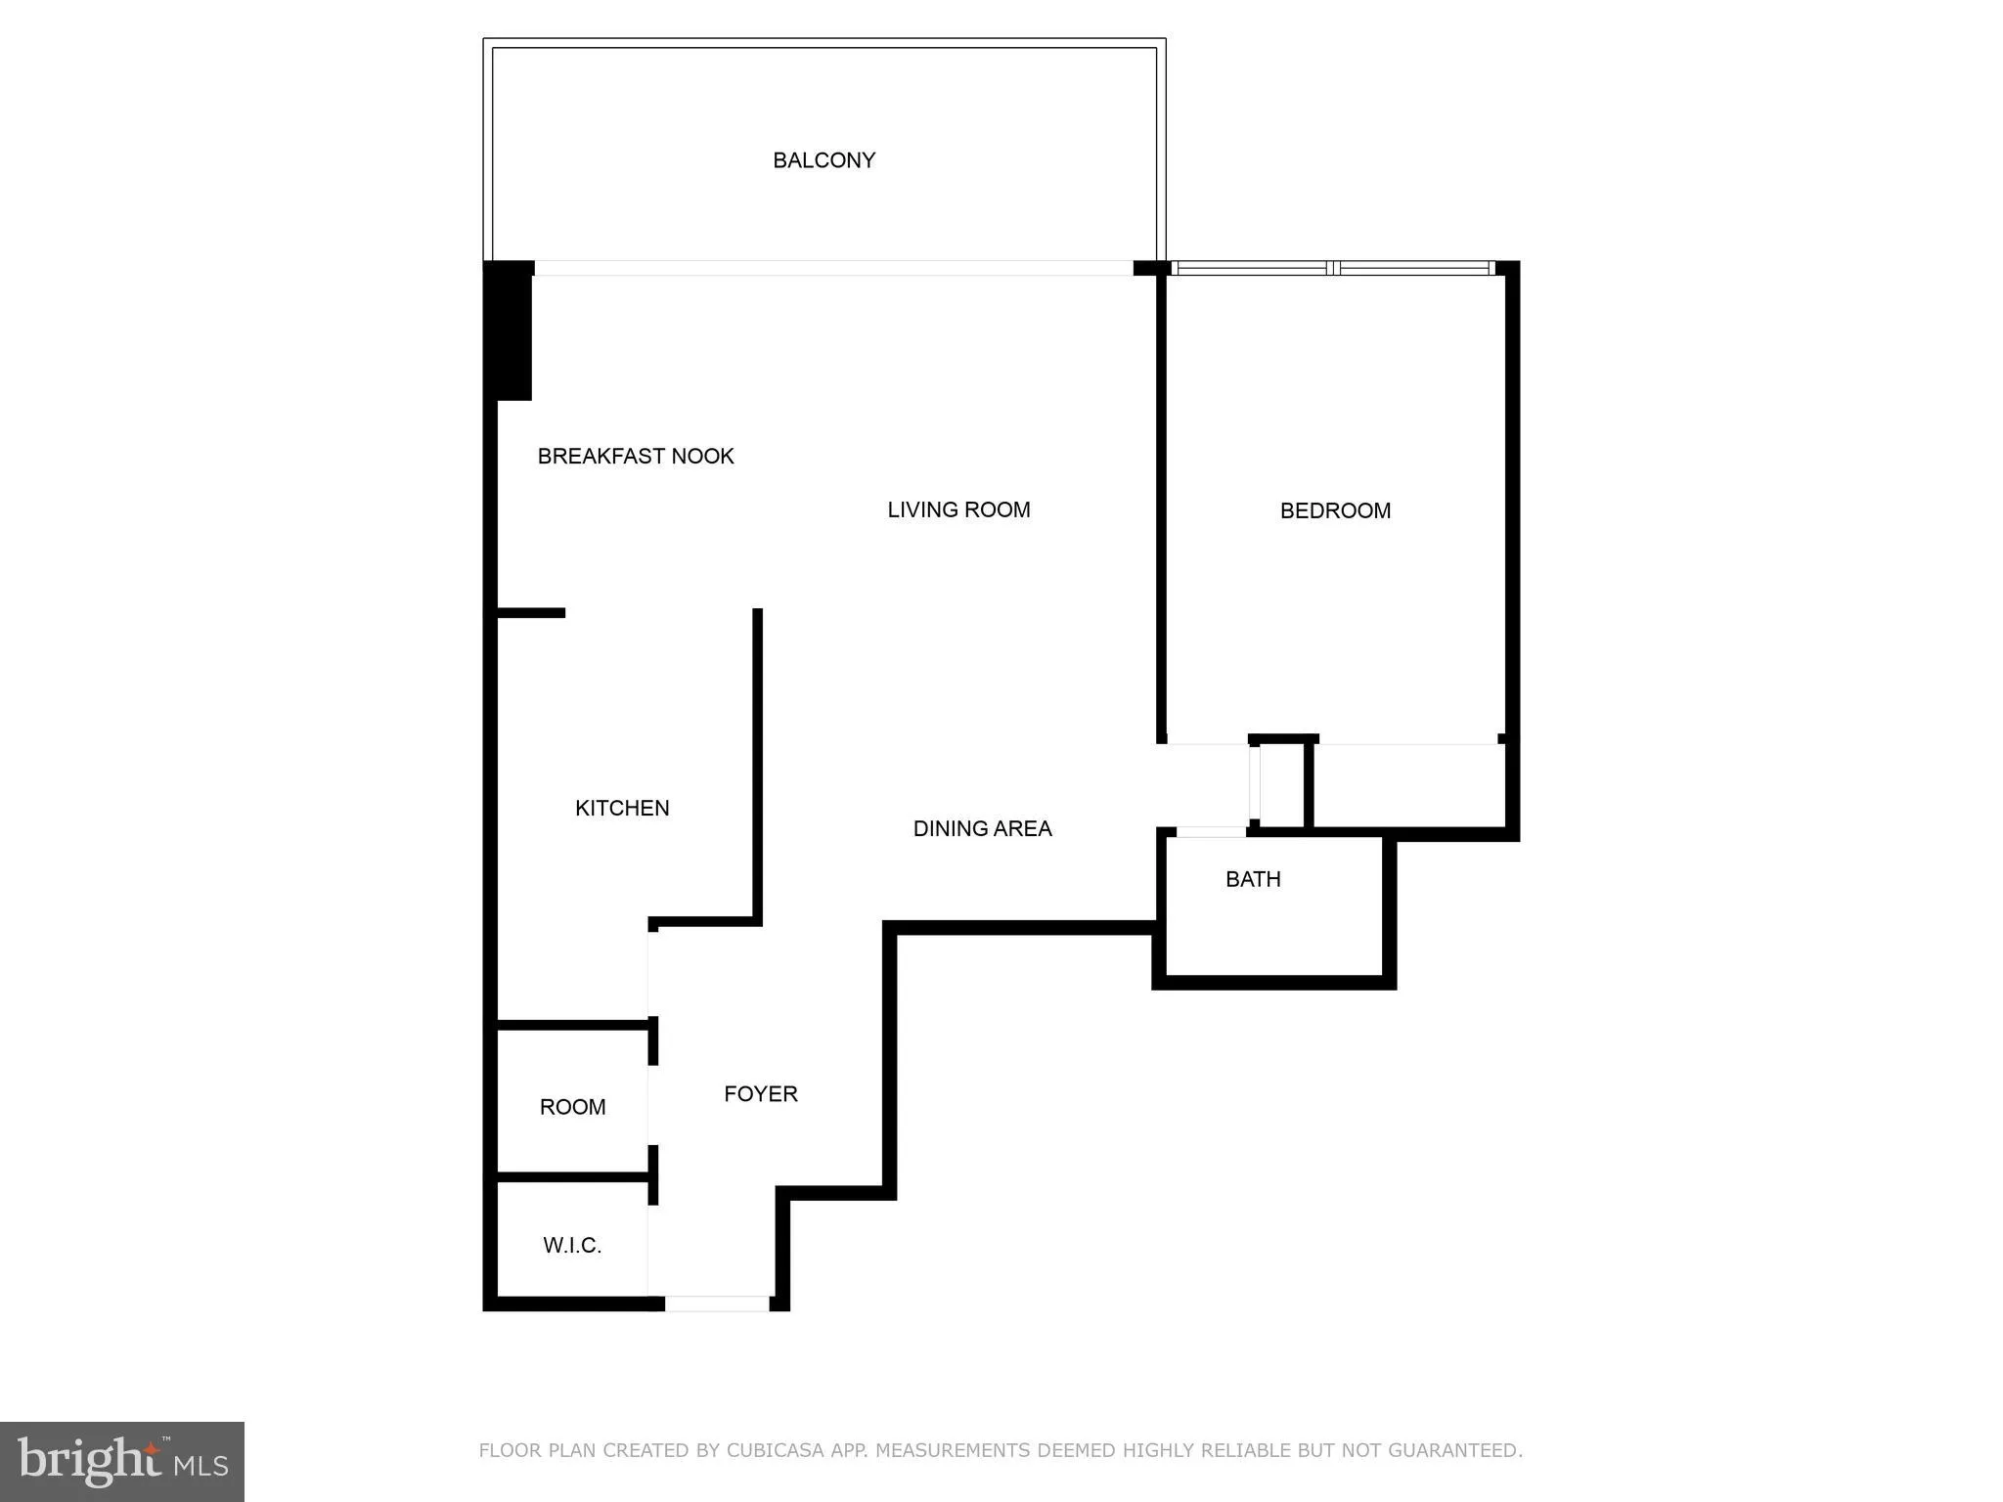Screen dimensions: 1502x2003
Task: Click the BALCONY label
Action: (x=823, y=160)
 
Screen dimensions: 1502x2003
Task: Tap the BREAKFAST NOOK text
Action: (x=636, y=456)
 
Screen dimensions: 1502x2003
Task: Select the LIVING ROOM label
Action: (x=958, y=509)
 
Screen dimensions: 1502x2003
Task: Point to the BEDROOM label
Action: (x=1335, y=510)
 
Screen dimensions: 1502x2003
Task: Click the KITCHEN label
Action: (x=622, y=808)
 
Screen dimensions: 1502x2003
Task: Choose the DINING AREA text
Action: (x=982, y=828)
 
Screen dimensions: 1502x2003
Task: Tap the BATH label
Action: (x=1253, y=879)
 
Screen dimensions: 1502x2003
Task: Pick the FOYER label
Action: (x=761, y=1093)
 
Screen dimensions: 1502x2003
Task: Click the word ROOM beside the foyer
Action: (x=572, y=1107)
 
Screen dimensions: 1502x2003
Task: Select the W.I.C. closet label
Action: (x=572, y=1245)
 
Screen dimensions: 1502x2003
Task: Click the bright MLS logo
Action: (x=122, y=1461)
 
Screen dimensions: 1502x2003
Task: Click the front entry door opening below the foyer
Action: (x=717, y=1303)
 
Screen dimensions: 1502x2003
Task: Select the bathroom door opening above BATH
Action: (x=1211, y=832)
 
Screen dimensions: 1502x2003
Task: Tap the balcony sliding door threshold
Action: (x=833, y=268)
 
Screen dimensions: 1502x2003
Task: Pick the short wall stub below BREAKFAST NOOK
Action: (x=531, y=613)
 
